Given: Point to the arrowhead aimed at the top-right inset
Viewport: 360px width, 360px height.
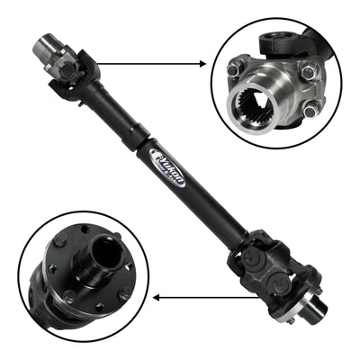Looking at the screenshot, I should [204, 64].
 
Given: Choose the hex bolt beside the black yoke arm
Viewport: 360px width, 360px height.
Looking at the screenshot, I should [309, 71].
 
